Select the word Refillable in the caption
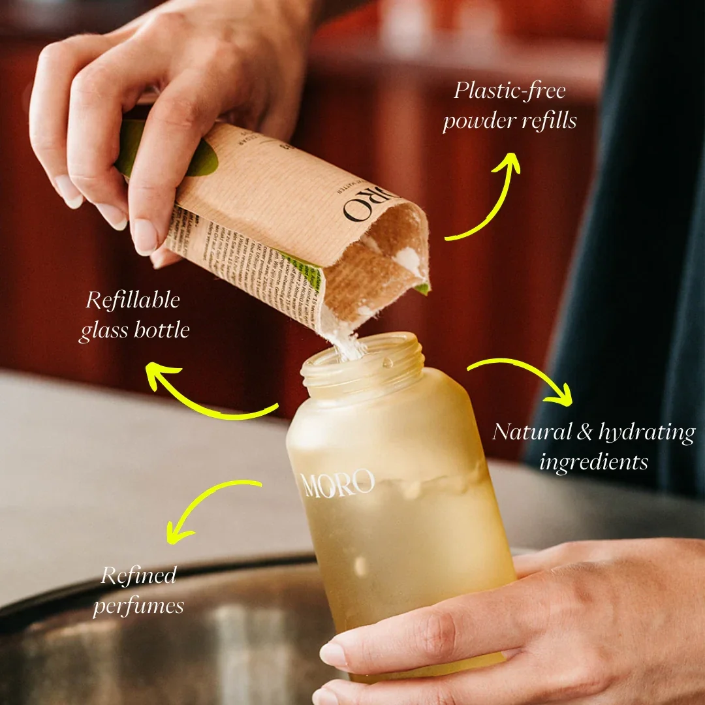133,300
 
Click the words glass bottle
134,331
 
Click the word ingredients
593,463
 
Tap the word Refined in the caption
138,575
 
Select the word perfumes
138,606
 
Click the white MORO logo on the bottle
337,484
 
